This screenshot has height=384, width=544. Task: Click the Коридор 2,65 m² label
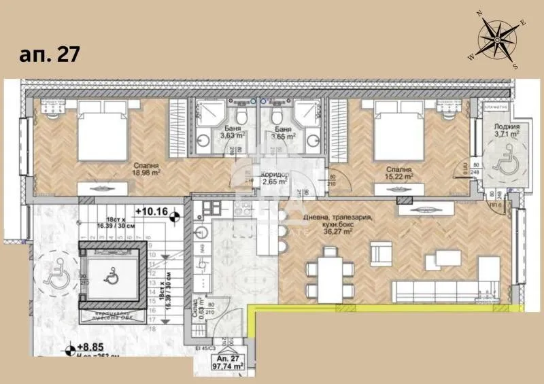tap(275, 178)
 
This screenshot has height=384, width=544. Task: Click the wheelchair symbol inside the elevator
tap(111, 276)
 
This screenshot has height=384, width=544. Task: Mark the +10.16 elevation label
tap(154, 211)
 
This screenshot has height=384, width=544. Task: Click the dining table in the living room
tap(330, 271)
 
